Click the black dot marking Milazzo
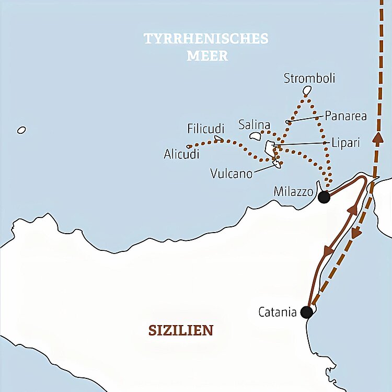(x=324, y=197)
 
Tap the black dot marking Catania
(x=307, y=312)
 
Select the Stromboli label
(x=309, y=78)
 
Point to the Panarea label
(x=345, y=116)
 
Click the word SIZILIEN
(x=181, y=330)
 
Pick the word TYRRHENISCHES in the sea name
(x=206, y=39)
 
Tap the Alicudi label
(x=181, y=155)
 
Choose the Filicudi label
(x=205, y=129)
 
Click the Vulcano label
(x=231, y=173)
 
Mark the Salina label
(x=254, y=124)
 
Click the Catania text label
(x=278, y=313)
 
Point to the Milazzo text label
(x=293, y=192)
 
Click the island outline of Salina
(x=256, y=136)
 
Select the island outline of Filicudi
(x=219, y=139)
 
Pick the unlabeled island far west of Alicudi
(x=21, y=130)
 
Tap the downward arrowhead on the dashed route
(x=356, y=234)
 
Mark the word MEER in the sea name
(x=207, y=56)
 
